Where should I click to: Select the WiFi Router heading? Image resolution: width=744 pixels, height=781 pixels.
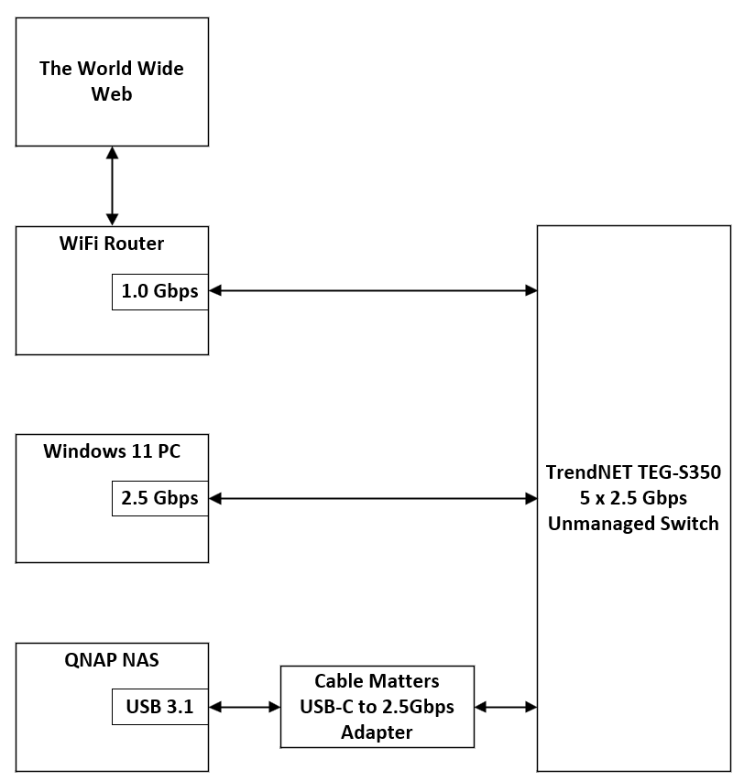112,244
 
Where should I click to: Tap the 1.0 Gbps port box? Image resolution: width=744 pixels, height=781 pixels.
159,291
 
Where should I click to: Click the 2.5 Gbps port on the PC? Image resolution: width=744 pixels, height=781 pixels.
159,499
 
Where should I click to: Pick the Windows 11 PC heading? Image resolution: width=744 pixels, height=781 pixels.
112,451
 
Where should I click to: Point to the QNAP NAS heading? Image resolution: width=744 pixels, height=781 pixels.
112,659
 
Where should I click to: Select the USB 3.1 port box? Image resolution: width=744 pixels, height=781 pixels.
159,707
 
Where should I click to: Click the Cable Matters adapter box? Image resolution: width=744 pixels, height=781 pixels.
377,706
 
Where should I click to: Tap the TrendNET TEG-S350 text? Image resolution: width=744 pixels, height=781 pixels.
633,473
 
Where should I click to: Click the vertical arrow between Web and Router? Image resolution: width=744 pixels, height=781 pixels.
112,186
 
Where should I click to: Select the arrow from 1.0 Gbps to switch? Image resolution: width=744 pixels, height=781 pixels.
373,291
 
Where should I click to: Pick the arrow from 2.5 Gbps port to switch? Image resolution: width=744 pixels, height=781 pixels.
373,499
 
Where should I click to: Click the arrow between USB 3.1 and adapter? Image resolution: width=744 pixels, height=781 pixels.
245,707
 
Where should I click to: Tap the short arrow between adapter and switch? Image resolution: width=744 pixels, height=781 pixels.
506,707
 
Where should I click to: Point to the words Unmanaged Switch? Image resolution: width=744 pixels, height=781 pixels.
633,524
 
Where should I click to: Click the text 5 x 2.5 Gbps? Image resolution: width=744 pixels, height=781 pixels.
633,498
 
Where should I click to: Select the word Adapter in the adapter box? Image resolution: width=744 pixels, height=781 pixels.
377,732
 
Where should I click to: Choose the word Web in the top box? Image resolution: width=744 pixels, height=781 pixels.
111,93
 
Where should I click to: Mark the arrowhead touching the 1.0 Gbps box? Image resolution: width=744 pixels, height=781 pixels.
215,291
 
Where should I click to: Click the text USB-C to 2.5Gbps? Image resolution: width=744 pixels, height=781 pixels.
377,707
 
